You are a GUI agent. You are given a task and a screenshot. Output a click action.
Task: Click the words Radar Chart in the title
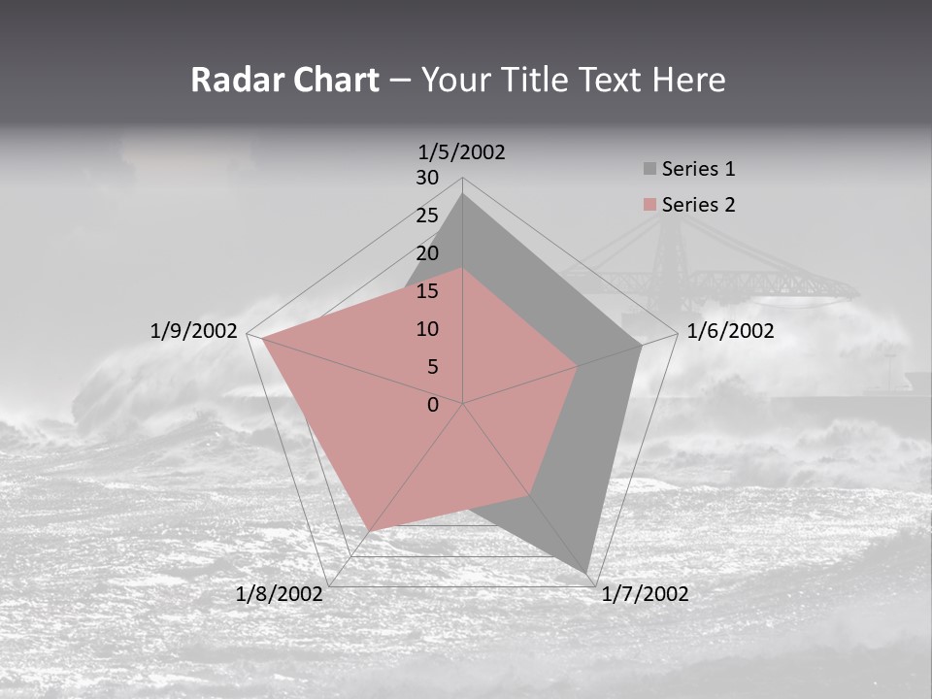(284, 81)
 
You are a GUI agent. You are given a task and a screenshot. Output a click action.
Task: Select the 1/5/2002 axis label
(462, 151)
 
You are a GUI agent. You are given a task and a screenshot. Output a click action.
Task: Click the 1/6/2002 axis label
(730, 331)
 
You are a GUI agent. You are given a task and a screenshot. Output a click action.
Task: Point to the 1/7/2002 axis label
(645, 594)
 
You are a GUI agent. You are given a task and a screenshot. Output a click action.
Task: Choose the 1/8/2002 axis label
(280, 594)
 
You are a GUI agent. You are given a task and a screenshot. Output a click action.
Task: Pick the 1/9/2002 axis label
(194, 331)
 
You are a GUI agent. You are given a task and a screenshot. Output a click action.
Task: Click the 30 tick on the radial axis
(427, 178)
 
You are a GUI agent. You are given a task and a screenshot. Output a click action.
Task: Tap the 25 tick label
(427, 216)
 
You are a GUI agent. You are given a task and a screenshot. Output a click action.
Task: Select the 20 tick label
(427, 253)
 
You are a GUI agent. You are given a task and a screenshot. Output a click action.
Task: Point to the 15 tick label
(427, 291)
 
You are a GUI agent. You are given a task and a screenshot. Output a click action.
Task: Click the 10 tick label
(427, 329)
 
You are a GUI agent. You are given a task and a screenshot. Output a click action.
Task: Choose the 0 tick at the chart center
(433, 405)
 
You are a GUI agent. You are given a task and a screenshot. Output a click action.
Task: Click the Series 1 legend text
(698, 169)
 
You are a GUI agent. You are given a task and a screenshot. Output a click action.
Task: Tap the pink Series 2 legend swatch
(649, 205)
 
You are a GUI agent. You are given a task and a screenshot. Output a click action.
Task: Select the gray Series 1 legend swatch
(649, 169)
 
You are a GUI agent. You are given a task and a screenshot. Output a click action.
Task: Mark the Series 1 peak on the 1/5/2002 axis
(463, 194)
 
